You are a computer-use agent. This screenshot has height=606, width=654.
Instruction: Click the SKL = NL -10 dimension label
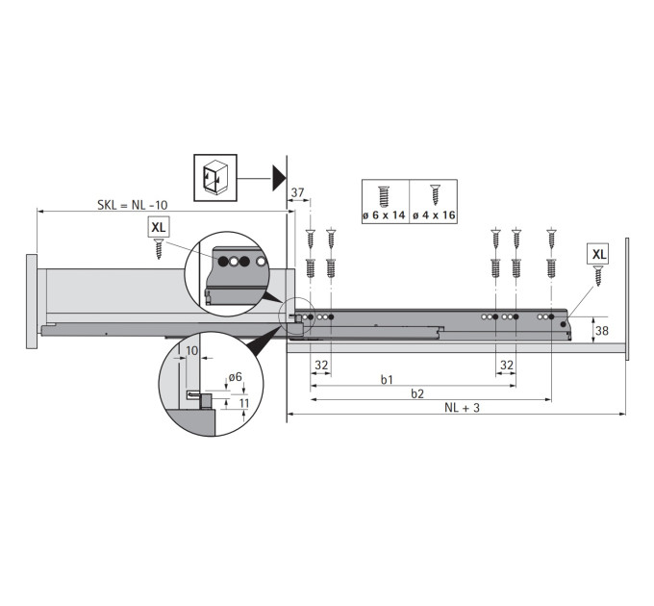(x=132, y=205)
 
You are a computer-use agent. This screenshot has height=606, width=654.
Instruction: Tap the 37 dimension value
(x=297, y=192)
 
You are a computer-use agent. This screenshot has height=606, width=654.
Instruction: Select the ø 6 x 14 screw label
(x=384, y=215)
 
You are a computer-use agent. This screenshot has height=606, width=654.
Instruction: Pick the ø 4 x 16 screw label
(x=434, y=215)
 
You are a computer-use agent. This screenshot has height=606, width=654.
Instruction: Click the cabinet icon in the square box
(x=215, y=178)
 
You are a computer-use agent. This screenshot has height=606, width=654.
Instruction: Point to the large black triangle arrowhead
(x=279, y=178)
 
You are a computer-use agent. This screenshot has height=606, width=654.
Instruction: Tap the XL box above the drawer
(x=159, y=227)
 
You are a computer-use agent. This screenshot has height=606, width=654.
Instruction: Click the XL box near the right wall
(x=598, y=254)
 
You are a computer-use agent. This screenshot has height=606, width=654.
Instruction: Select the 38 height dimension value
(x=601, y=331)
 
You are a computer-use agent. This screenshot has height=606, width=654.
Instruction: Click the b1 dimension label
(x=387, y=380)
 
